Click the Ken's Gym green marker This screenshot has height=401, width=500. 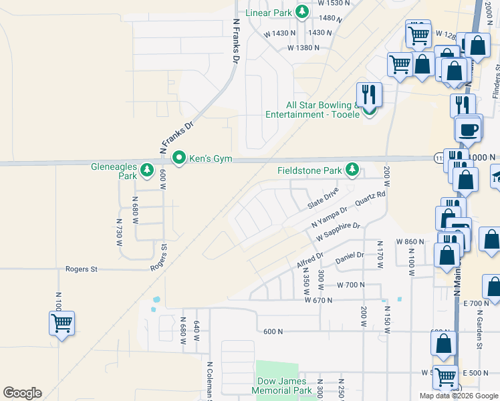(x=179, y=158)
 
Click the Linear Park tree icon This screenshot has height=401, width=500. (x=303, y=11)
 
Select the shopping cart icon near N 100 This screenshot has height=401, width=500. (x=61, y=323)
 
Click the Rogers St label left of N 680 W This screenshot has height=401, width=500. (x=82, y=269)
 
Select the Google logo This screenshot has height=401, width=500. (x=22, y=393)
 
